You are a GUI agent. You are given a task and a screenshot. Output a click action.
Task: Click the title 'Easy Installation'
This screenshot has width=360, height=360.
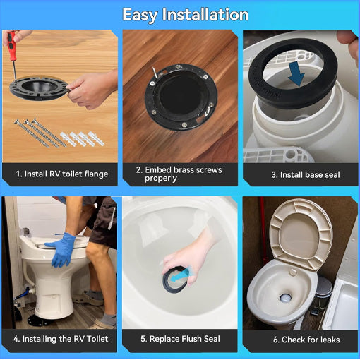pyautogui.click(x=185, y=14)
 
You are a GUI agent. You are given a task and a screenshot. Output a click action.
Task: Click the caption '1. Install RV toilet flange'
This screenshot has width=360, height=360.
pyautogui.click(x=61, y=174)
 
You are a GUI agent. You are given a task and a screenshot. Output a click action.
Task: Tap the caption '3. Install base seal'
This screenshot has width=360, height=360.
pyautogui.click(x=300, y=174)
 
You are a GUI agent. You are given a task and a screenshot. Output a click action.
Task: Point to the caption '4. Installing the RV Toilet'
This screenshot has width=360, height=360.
pyautogui.click(x=61, y=339)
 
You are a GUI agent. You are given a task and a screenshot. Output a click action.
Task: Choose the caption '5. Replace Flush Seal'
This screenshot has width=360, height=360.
pyautogui.click(x=180, y=339)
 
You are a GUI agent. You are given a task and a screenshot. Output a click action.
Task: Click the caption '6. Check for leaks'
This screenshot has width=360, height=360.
pyautogui.click(x=301, y=339)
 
